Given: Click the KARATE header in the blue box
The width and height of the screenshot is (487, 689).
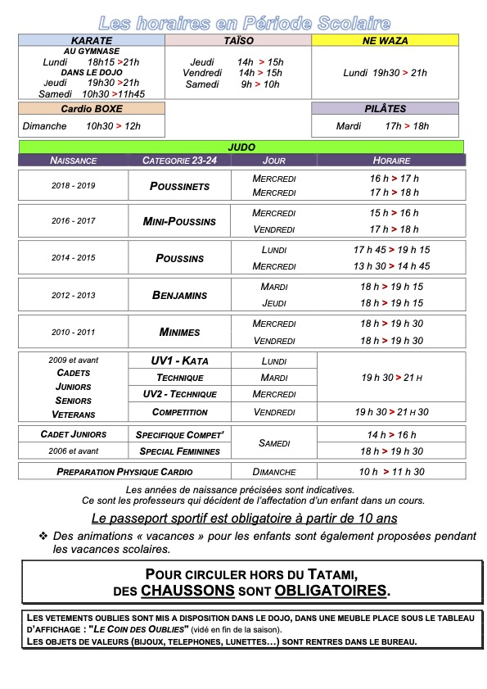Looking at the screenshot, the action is [92, 40].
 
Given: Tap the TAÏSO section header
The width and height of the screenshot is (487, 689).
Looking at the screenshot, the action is [238, 40].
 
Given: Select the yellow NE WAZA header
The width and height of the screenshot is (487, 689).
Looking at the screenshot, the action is [386, 40].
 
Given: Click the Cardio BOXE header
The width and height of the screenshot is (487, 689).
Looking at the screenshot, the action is [92, 108].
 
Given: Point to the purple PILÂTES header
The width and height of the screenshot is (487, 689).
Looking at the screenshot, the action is [386, 108].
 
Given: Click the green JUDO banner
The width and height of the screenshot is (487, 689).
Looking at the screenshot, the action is [241, 147].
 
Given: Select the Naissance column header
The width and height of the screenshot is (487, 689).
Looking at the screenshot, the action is [74, 161].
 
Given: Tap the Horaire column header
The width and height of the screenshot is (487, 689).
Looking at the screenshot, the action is [391, 161].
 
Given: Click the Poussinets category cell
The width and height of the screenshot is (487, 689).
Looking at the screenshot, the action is [180, 186].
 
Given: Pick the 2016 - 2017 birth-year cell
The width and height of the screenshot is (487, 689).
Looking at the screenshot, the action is [74, 221].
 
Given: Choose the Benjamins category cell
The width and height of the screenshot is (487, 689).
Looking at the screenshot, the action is [180, 295].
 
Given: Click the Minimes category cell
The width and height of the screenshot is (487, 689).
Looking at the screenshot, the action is [180, 332].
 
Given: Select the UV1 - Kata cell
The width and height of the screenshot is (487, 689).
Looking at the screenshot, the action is [180, 360].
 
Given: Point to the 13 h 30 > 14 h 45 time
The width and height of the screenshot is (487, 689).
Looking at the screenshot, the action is [391, 266].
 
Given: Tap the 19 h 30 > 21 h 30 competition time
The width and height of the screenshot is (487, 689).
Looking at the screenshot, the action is [391, 412].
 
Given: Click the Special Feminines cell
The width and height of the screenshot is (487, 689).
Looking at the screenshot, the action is [180, 451].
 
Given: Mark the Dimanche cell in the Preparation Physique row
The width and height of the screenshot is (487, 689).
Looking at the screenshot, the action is [273, 472].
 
